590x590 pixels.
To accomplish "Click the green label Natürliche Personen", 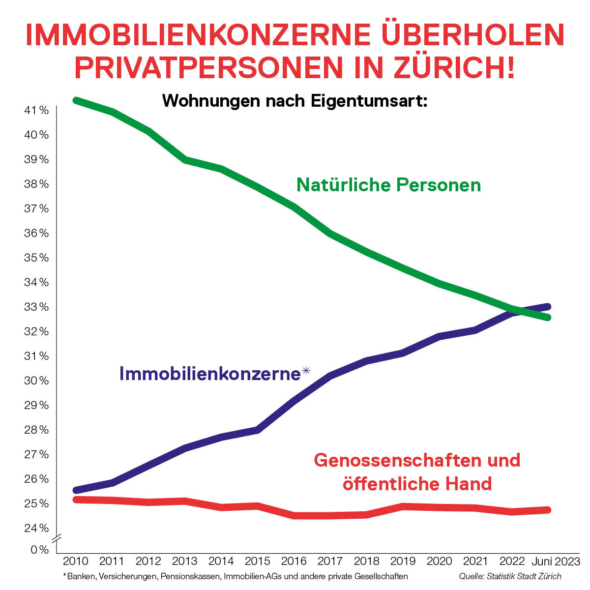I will point(388,185).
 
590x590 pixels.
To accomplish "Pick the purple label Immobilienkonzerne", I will point(209,374).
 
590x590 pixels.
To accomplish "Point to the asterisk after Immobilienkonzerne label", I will point(306,371).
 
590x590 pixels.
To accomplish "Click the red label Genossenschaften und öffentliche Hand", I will point(417,472).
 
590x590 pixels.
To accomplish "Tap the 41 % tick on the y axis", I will point(36,111).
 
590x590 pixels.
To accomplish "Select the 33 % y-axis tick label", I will point(36,307).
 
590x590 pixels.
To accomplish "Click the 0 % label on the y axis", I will point(40,550).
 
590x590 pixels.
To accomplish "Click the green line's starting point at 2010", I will point(76,100).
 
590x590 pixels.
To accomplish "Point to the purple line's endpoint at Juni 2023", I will point(548,306).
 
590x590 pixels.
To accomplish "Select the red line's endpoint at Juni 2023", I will point(548,510).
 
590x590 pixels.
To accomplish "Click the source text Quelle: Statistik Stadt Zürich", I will point(510,576).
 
